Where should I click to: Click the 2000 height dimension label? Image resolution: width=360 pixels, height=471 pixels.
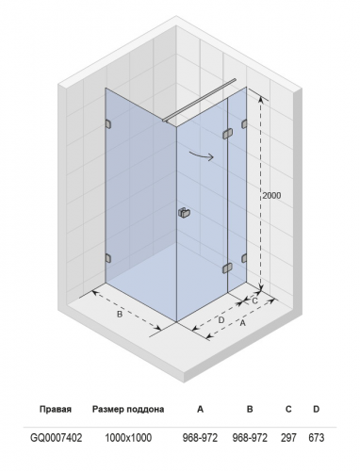[271, 196]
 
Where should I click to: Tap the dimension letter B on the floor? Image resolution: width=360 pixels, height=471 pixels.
[120, 314]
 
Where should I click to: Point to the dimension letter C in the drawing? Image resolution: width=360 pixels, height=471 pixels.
[254, 300]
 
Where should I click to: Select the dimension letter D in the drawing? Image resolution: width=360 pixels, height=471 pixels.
[221, 320]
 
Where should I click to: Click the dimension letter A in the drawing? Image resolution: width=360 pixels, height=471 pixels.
[242, 323]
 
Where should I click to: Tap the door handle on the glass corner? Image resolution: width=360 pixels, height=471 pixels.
[182, 213]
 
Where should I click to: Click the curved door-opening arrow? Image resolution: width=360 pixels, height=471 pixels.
[201, 155]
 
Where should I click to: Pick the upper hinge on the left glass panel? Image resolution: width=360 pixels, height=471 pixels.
[108, 124]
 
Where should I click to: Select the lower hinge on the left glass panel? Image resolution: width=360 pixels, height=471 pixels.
[108, 258]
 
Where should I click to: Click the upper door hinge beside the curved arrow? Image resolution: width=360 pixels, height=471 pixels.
[227, 134]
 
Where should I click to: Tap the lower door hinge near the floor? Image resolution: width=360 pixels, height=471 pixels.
[227, 268]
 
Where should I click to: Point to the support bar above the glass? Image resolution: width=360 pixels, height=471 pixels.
[199, 100]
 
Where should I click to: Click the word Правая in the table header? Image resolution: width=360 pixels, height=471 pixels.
[56, 410]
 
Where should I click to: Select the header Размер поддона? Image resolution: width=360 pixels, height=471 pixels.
[128, 410]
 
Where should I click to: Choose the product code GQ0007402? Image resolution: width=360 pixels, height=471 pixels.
[57, 437]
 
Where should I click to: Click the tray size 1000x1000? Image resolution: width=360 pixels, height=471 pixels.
[128, 437]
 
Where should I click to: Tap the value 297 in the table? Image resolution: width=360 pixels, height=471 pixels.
[288, 437]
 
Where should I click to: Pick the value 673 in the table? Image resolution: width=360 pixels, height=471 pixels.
[316, 437]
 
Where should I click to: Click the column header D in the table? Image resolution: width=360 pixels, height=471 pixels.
[316, 409]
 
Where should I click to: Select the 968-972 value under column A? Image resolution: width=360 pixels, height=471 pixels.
[200, 437]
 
